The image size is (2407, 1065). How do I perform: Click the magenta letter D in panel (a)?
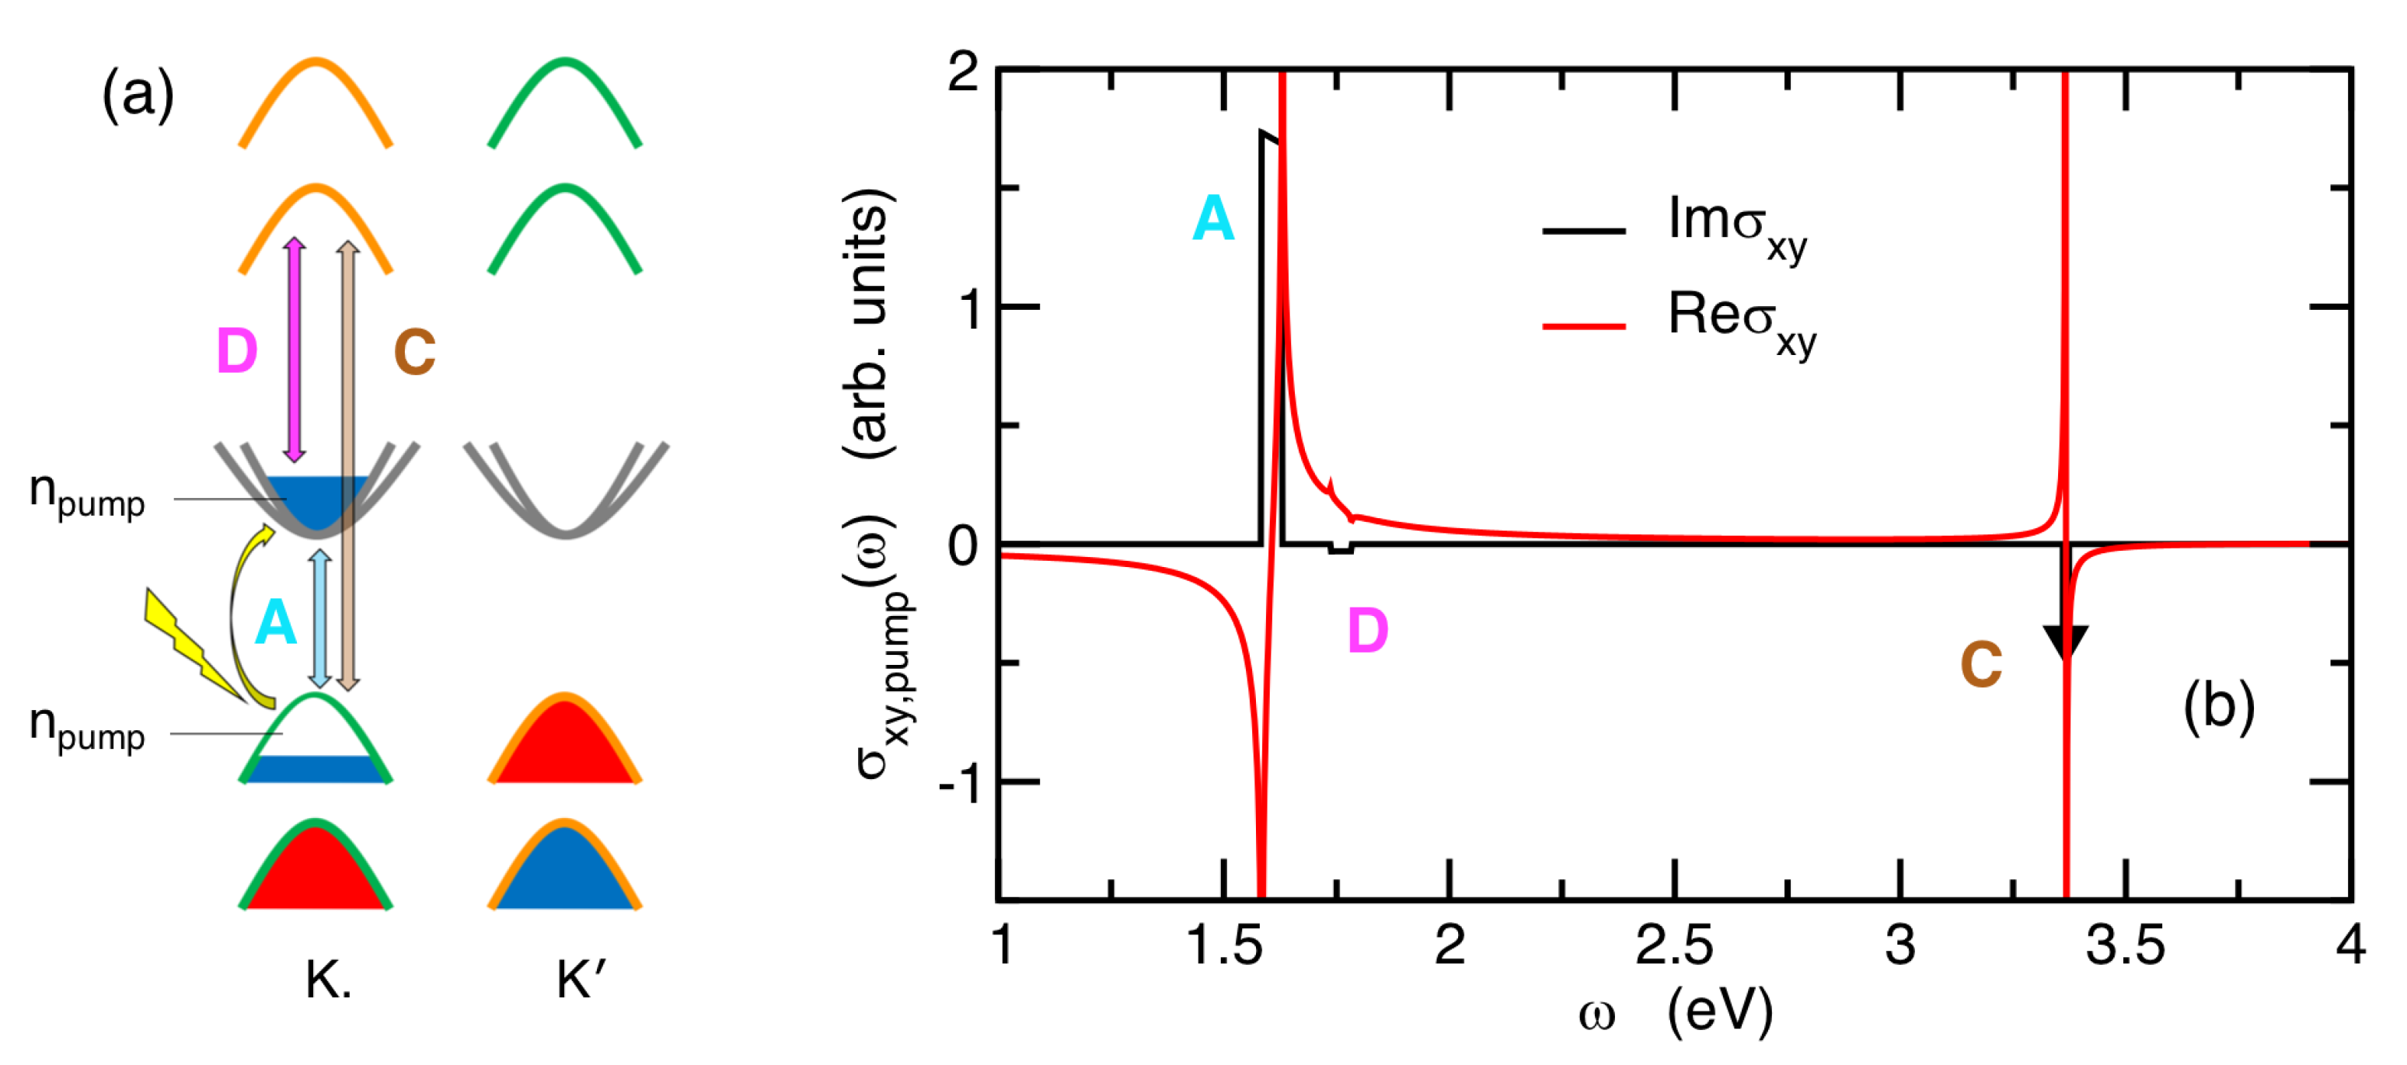point(236,351)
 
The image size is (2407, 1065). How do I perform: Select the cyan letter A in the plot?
point(1213,220)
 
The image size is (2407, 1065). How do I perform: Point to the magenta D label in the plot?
point(1367,631)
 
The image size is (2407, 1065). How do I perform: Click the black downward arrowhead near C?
point(2065,642)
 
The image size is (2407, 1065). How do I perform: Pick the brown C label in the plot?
point(1981,664)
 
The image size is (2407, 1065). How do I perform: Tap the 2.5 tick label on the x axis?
point(1673,945)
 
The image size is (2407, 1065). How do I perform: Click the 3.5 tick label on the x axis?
point(2125,945)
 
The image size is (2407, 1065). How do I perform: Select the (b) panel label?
point(2218,707)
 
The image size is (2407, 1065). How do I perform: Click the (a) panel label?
point(138,94)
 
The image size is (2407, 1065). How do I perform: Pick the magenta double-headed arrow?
point(295,350)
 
